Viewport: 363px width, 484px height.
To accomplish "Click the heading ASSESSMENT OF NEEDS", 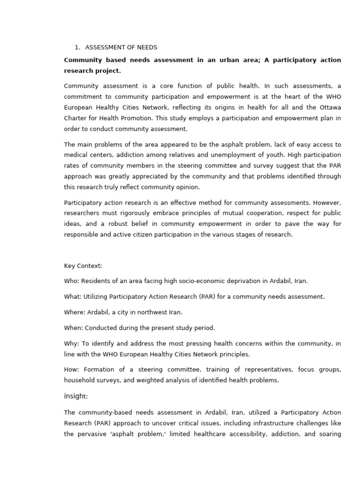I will pyautogui.click(x=121, y=47).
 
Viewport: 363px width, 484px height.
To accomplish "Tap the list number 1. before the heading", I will pyautogui.click(x=78, y=47).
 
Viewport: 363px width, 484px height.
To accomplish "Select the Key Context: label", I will pyautogui.click(x=83, y=266).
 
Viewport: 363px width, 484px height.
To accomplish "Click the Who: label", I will pyautogui.click(x=71, y=281).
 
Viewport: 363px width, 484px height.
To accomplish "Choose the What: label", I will pyautogui.click(x=73, y=297).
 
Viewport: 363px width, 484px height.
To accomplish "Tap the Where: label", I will pyautogui.click(x=75, y=312).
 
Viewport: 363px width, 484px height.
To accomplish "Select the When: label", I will pyautogui.click(x=74, y=328).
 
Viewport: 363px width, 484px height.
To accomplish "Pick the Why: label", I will pyautogui.click(x=71, y=344).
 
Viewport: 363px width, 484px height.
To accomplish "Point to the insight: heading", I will pyautogui.click(x=76, y=396).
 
